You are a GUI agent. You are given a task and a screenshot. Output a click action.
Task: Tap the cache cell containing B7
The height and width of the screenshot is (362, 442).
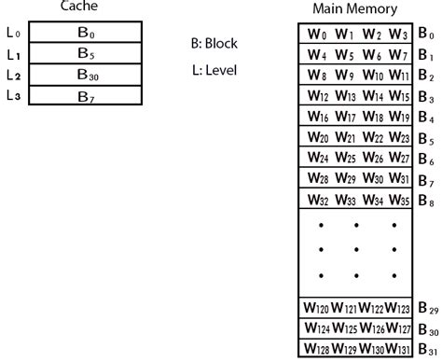pos(83,96)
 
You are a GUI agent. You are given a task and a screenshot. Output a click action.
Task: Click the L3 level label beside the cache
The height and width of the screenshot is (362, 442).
pos(13,96)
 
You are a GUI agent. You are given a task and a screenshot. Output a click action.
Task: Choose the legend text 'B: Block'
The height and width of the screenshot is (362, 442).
pos(214,42)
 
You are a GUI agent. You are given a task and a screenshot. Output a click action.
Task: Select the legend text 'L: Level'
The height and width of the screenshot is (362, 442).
pos(214,69)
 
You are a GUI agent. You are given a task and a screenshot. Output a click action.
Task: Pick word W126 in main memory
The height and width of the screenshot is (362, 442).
pos(372,328)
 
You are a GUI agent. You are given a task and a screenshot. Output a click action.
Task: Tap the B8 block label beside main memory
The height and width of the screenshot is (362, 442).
pos(425,199)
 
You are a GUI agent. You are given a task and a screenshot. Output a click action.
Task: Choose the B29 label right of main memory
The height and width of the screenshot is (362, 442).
pos(427,309)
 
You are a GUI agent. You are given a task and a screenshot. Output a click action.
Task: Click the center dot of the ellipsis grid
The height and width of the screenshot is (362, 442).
pos(358,249)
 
